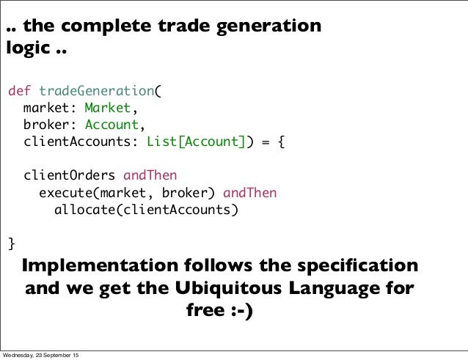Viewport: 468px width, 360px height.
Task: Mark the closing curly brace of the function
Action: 11,243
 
